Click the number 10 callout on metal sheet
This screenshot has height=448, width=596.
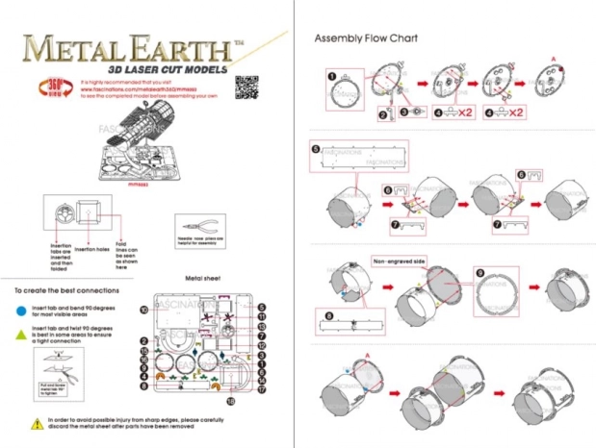[143, 310]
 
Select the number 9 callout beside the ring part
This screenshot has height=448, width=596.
[479, 273]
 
